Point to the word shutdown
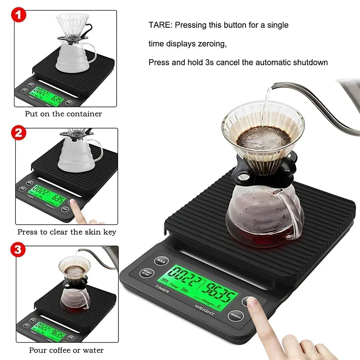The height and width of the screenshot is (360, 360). point(312,62)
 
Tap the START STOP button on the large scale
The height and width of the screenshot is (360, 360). point(147,273)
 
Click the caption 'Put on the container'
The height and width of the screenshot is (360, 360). point(63,114)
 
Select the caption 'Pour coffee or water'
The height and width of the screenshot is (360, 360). point(66,350)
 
